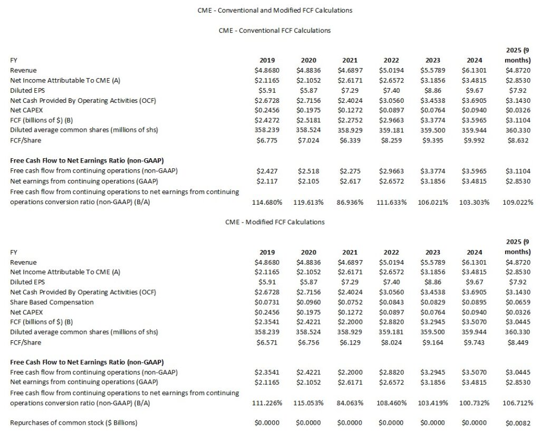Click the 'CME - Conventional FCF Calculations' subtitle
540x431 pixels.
(x=274, y=31)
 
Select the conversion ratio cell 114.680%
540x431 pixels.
(x=267, y=202)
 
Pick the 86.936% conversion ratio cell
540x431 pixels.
(x=350, y=202)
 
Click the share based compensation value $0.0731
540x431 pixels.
(x=267, y=302)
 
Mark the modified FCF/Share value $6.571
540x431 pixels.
(x=267, y=342)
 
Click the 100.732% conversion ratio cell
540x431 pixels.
(x=476, y=403)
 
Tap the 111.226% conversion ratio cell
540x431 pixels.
(x=267, y=403)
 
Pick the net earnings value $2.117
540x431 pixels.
(x=267, y=181)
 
